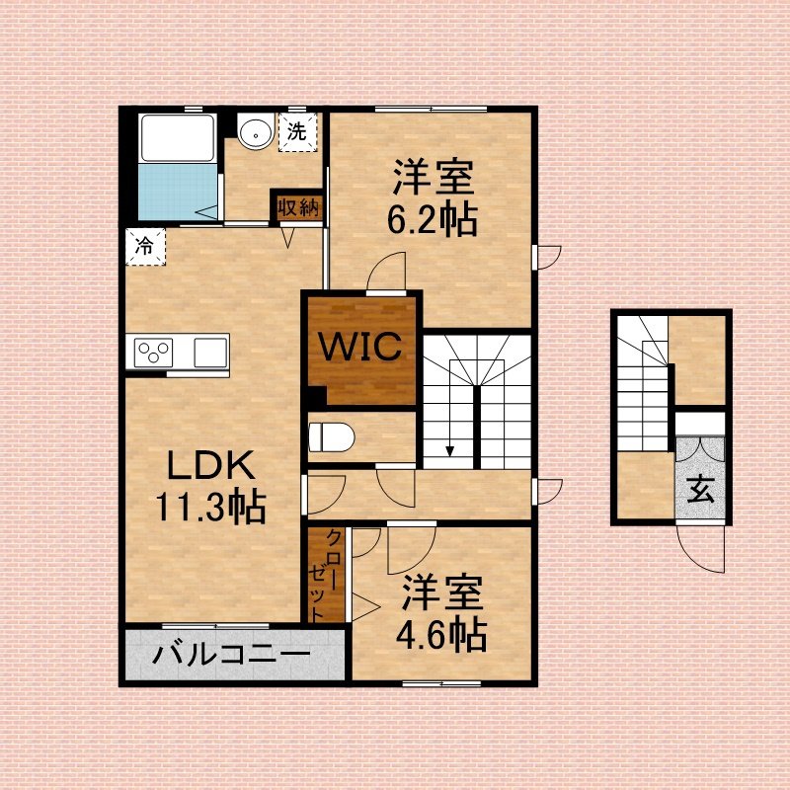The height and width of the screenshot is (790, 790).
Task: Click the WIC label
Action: tap(361, 346)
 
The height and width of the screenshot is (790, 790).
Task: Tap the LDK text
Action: tap(210, 465)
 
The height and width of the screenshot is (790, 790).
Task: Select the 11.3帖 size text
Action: tap(210, 507)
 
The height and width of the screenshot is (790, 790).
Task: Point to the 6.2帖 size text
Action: tap(433, 219)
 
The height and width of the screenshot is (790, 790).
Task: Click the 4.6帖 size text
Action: tap(440, 635)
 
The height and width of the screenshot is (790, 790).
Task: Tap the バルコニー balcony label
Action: tap(231, 655)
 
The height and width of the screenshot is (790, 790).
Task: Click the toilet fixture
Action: tap(331, 436)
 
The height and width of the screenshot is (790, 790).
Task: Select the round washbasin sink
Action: tap(257, 132)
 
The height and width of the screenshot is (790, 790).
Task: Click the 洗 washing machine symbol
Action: tap(297, 132)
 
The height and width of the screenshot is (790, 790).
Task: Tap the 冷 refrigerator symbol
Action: tap(145, 246)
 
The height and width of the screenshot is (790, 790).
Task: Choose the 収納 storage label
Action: tap(299, 207)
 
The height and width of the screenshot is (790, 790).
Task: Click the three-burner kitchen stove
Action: tap(154, 353)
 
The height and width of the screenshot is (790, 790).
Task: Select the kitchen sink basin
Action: tap(210, 353)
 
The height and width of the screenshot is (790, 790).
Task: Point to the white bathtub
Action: tap(178, 137)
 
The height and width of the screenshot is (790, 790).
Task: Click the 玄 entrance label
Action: tap(701, 489)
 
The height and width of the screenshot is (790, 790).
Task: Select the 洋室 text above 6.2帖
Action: tap(434, 178)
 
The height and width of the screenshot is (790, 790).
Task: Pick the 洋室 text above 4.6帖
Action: tap(441, 593)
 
